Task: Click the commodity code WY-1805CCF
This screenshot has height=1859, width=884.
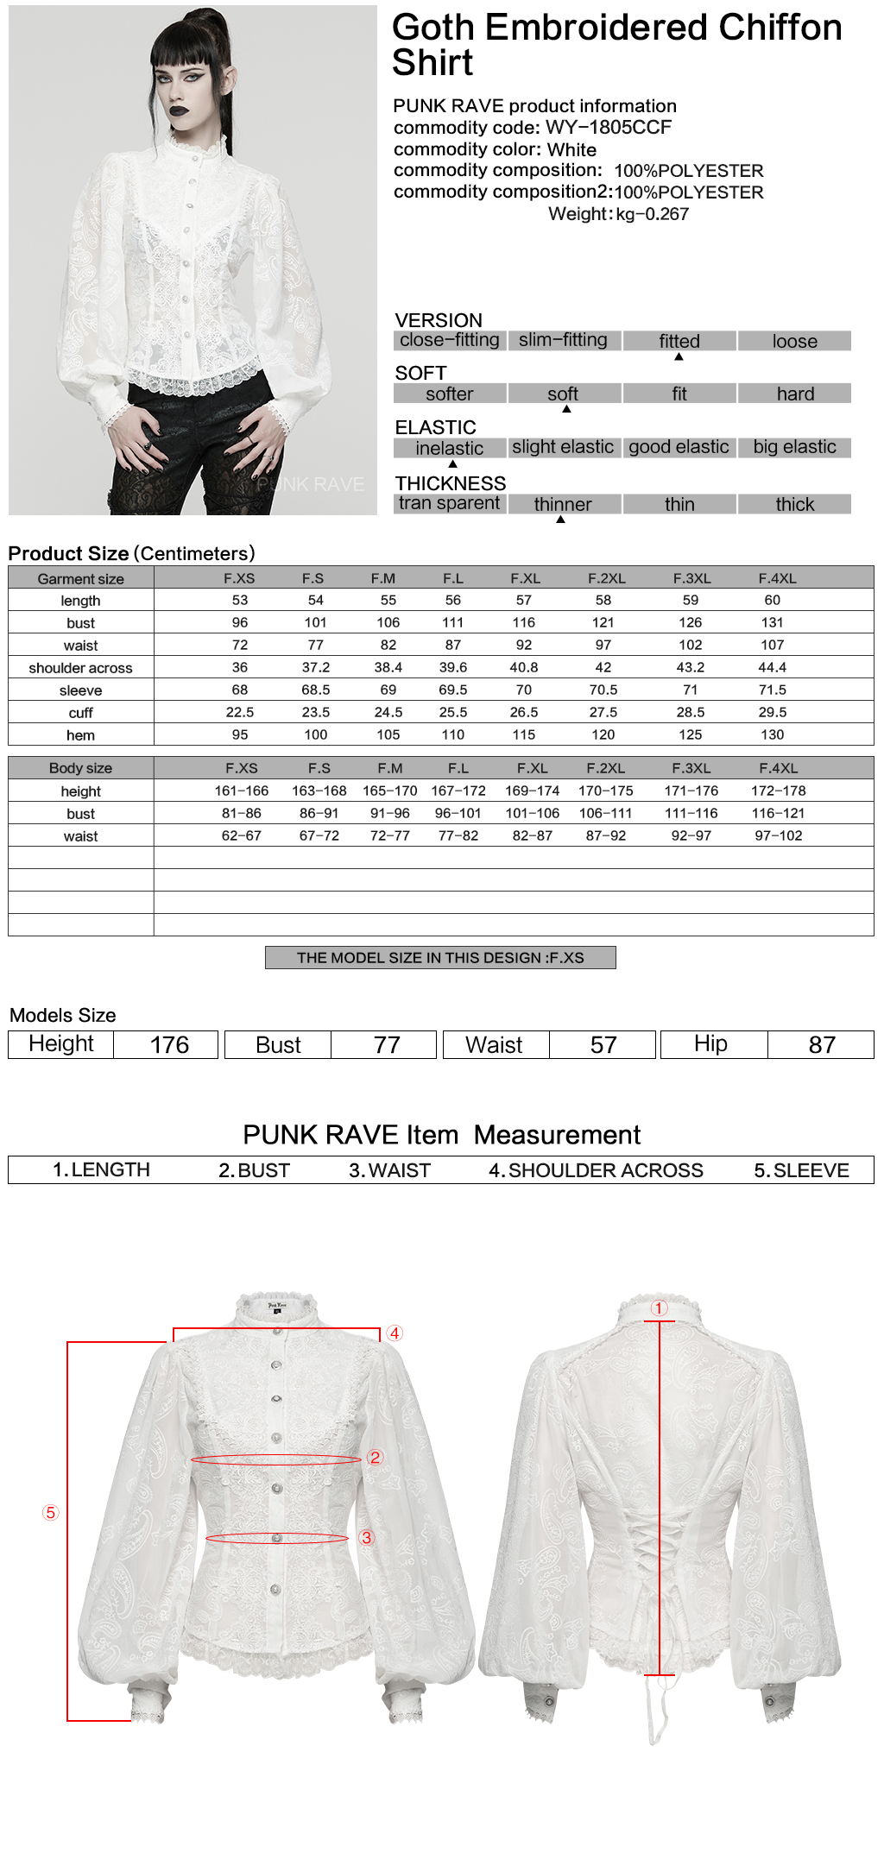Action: [x=608, y=128]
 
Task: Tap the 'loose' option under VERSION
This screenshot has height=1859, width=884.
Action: [x=794, y=341]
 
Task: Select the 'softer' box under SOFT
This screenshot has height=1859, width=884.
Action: [x=449, y=394]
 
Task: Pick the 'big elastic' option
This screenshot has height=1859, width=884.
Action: [x=794, y=447]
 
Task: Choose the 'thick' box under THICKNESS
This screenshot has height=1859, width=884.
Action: [x=794, y=504]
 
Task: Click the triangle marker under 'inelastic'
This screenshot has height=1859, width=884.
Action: [x=452, y=463]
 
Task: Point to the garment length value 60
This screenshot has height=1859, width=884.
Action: [x=772, y=600]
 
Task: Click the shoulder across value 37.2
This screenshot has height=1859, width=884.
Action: [x=315, y=667]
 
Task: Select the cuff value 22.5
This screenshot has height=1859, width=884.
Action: [x=240, y=712]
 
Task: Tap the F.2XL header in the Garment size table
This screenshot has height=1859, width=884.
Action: [x=606, y=578]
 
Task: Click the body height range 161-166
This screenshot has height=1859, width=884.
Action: [x=242, y=791]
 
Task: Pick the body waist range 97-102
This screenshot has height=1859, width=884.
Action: [x=778, y=835]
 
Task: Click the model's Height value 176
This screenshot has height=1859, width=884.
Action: [x=169, y=1045]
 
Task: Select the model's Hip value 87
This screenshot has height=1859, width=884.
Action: [x=822, y=1045]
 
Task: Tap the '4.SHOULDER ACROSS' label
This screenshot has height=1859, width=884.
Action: [x=596, y=1170]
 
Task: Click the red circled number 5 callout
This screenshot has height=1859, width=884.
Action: [x=51, y=1512]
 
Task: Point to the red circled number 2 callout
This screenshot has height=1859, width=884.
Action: [x=375, y=1457]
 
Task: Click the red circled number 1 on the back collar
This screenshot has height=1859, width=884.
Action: [x=659, y=1308]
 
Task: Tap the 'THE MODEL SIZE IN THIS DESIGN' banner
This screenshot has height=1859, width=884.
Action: [x=440, y=958]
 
